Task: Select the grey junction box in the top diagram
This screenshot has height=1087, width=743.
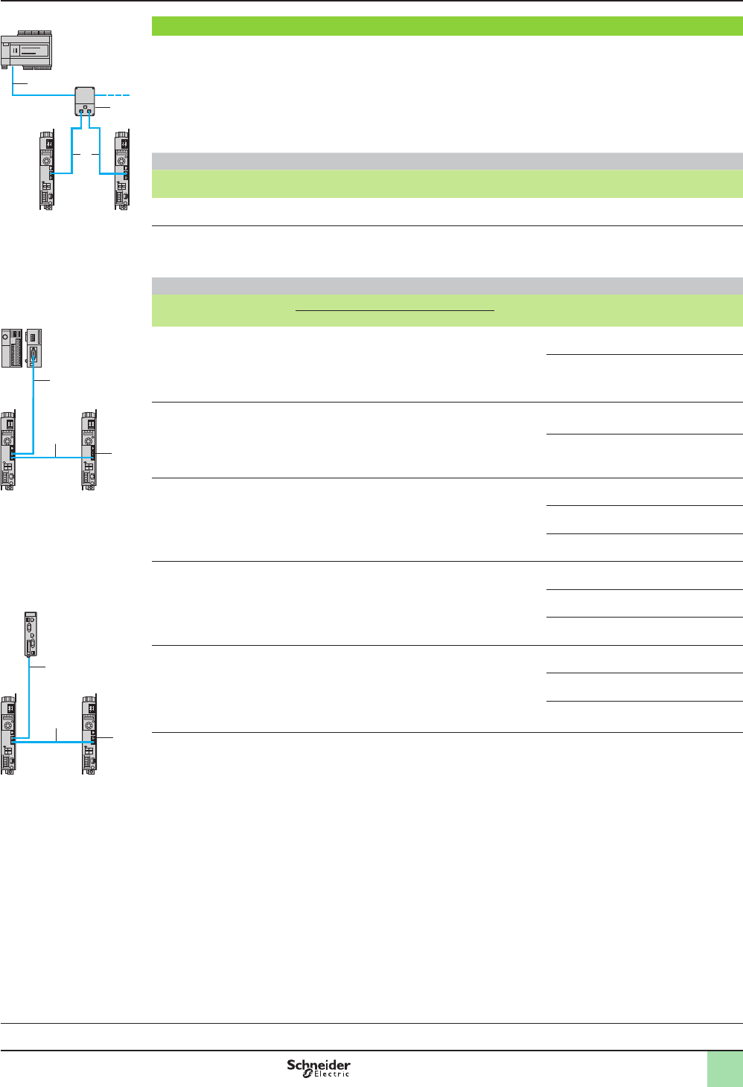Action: (x=85, y=101)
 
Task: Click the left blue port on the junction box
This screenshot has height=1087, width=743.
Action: (x=81, y=112)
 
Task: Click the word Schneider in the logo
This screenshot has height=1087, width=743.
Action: (x=319, y=1065)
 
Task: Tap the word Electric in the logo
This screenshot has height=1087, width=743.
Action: (x=331, y=1074)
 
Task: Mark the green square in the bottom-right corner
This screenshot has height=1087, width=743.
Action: (x=724, y=1068)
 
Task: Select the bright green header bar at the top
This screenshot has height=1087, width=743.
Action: (x=447, y=26)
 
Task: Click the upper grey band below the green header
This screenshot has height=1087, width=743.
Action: (x=447, y=161)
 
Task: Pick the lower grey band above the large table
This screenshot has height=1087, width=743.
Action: (x=447, y=286)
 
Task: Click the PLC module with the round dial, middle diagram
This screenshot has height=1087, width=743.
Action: (x=11, y=347)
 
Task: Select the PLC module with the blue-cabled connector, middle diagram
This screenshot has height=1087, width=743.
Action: (x=34, y=347)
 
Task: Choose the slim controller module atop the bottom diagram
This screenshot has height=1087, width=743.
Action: (x=31, y=635)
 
